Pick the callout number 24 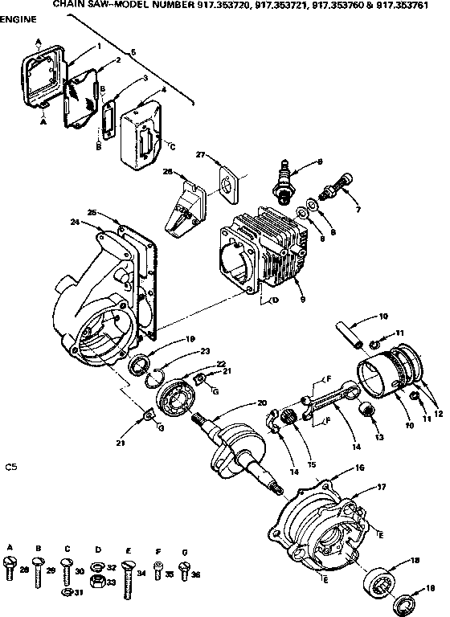[x=74, y=223]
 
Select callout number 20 [x=262, y=402]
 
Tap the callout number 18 [x=415, y=561]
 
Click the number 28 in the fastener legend [x=24, y=570]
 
